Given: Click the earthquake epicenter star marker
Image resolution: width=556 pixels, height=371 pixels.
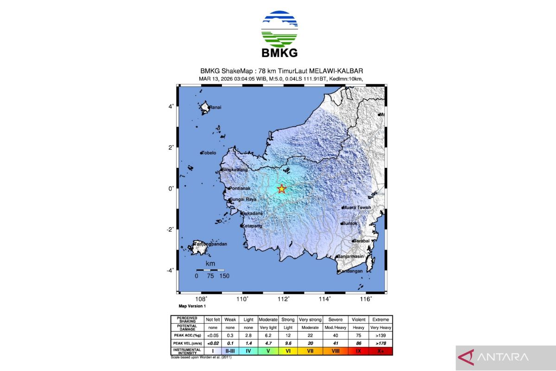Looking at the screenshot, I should pyautogui.click(x=281, y=189).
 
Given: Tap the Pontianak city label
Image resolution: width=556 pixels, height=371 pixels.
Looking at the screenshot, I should pyautogui.click(x=240, y=189).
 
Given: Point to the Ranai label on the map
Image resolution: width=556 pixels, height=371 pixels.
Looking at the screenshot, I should pyautogui.click(x=215, y=108).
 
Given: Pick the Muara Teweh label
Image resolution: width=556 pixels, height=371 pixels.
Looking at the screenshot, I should pyautogui.click(x=357, y=208).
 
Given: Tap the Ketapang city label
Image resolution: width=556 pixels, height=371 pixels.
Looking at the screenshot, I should pyautogui.click(x=252, y=226).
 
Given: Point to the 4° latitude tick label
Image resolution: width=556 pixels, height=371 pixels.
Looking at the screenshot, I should pyautogui.click(x=171, y=106).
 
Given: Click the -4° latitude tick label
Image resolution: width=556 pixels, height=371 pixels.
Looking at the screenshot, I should pyautogui.click(x=170, y=270).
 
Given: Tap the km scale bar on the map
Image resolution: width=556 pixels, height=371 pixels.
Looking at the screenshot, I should pyautogui.click(x=210, y=270).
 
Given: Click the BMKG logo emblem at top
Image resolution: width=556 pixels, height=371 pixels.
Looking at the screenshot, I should pyautogui.click(x=279, y=29).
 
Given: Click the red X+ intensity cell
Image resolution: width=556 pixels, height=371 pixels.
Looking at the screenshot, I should pyautogui.click(x=380, y=351).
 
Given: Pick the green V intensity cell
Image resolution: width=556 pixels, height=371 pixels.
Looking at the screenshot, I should pyautogui.click(x=268, y=351).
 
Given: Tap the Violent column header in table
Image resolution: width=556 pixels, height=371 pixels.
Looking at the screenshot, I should pyautogui.click(x=358, y=320).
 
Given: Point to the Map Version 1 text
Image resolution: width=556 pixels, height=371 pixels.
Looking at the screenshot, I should pyautogui.click(x=192, y=307).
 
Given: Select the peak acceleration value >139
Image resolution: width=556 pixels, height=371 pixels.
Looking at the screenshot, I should pyautogui.click(x=380, y=335).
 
